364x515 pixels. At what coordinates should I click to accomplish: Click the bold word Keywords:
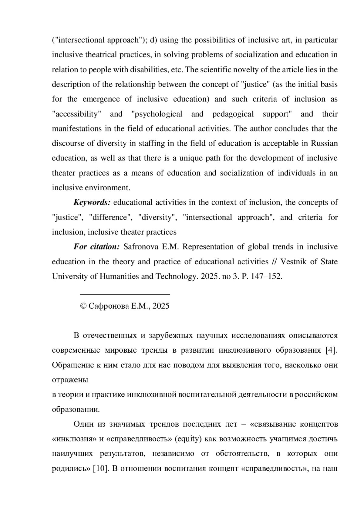point(92,202)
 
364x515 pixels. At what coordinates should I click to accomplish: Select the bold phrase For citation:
point(96,247)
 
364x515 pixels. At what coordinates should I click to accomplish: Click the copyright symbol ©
point(83,306)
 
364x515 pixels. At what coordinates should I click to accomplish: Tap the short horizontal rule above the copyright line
point(125,294)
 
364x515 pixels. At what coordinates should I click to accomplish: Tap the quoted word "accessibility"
point(76,114)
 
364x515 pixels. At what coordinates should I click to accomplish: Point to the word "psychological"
point(157,114)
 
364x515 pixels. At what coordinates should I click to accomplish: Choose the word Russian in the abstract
point(324,144)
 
